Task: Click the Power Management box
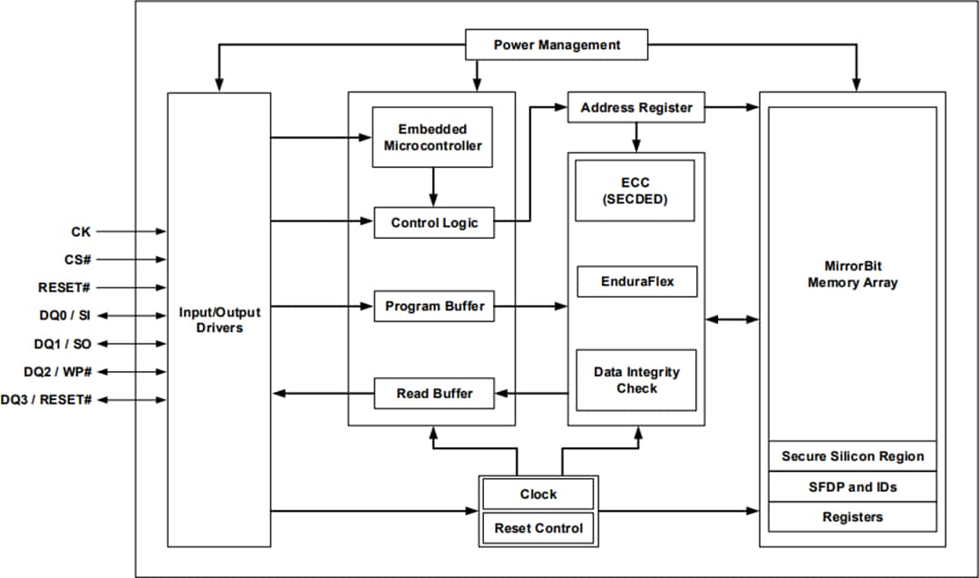point(557,44)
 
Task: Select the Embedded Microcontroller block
point(432,137)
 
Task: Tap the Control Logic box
point(434,222)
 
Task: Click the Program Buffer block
point(434,306)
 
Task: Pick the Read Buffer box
point(434,394)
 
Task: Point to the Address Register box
point(636,107)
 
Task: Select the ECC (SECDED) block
point(635,191)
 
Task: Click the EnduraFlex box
point(637,281)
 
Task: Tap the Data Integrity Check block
point(636,379)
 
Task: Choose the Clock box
point(538,495)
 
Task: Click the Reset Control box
point(538,528)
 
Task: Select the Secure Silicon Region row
point(852,456)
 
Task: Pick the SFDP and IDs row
point(852,487)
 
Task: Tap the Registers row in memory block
point(852,516)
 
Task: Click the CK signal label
point(81,231)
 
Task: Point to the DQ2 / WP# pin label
point(57,372)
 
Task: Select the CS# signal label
point(77,260)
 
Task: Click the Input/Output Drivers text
point(219,319)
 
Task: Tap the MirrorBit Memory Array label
point(852,274)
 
